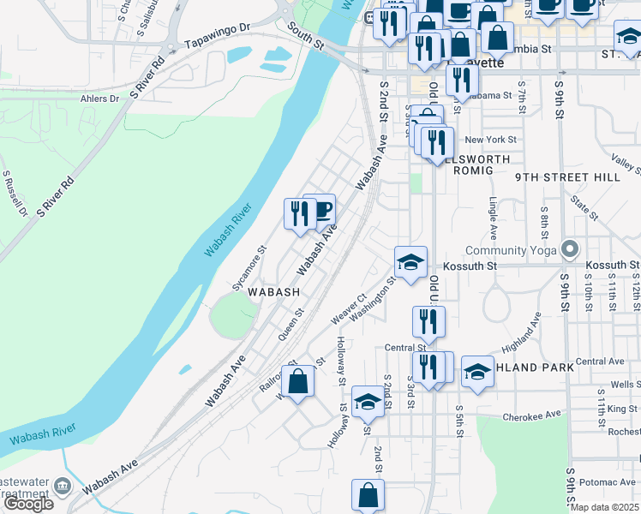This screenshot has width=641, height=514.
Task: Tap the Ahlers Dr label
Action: coord(99,98)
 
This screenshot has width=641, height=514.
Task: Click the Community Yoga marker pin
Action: coord(570,251)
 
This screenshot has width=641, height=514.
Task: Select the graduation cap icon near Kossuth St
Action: coord(410,262)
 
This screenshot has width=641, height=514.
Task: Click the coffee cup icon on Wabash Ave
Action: coord(320,209)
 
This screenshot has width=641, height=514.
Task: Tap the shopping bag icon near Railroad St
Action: coord(297,382)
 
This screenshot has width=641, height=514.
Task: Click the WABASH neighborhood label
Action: coord(274,292)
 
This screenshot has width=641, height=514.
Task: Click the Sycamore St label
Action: coord(250,267)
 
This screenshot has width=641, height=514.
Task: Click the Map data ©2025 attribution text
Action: coord(605,507)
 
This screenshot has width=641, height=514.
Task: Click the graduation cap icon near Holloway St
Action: coord(367,401)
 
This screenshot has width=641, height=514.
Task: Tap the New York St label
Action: coord(490,139)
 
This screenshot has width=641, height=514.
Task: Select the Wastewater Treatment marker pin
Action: coord(62,487)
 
